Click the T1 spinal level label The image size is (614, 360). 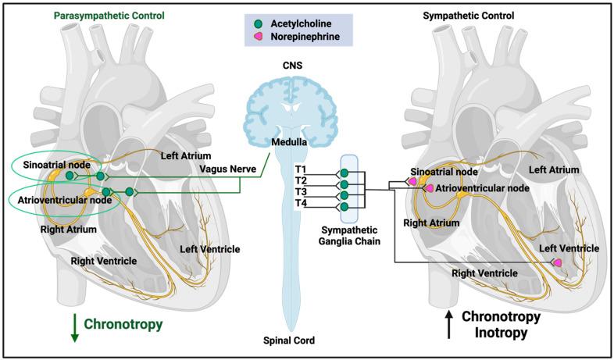[300, 169]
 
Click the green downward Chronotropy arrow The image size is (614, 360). [73, 327]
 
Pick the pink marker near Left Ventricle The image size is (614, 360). [558, 263]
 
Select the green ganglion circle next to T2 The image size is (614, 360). [344, 184]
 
